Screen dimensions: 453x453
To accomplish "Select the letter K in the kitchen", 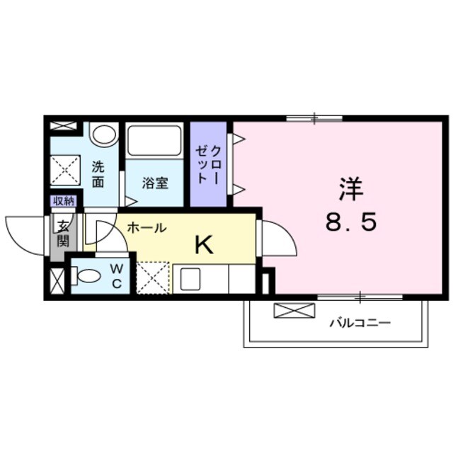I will (x=204, y=245).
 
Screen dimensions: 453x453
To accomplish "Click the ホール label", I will (x=147, y=228).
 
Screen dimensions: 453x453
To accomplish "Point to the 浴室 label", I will (x=155, y=183).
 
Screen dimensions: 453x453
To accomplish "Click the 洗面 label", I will (x=98, y=174).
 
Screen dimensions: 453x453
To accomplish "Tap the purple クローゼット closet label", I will (x=209, y=164).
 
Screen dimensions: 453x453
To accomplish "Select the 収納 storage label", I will (x=63, y=201).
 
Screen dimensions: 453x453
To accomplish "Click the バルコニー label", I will (x=360, y=323).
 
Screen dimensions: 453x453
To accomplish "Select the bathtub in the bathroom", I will (x=155, y=141).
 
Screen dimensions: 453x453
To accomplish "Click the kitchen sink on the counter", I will (x=191, y=279).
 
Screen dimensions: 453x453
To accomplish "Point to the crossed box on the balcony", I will (x=294, y=310).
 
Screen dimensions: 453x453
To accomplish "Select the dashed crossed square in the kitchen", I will (x=153, y=277).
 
